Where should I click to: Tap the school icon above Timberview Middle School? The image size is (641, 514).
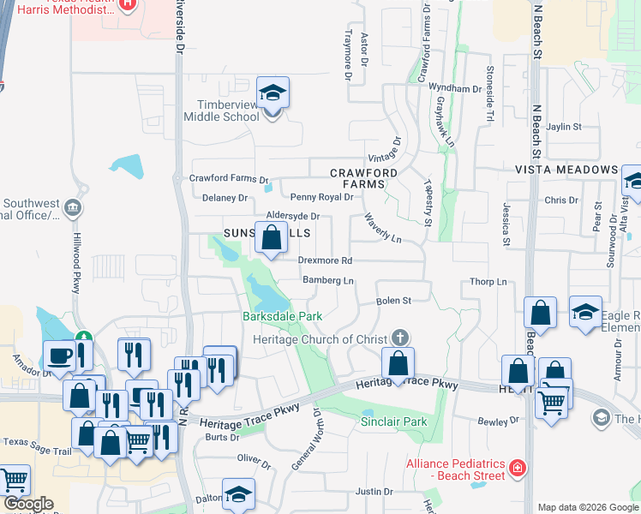[x=273, y=93]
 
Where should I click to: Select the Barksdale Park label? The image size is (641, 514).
[x=281, y=316]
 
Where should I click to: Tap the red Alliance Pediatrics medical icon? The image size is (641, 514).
[x=517, y=468]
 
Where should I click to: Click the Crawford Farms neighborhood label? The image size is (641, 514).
[x=364, y=178]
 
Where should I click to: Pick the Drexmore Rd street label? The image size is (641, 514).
[x=325, y=260]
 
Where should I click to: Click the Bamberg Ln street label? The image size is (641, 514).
[x=328, y=280]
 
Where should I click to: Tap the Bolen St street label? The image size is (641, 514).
[x=395, y=301]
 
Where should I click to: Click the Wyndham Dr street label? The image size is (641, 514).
[x=455, y=88]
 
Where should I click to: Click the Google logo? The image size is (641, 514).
[x=27, y=504]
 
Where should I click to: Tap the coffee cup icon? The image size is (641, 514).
[x=60, y=353]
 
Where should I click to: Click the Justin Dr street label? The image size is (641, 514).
[x=374, y=492]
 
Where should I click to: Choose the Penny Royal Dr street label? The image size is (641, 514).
[x=321, y=197]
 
